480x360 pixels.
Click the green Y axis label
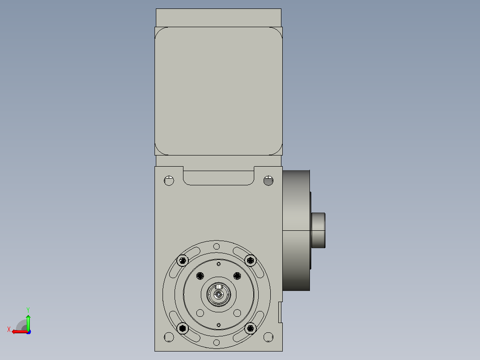(x=28, y=310)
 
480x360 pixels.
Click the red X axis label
(x=9, y=329)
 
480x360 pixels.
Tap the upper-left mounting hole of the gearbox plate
(x=169, y=181)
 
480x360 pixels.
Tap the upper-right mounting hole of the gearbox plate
(x=268, y=181)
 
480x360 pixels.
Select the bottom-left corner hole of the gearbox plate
(x=169, y=337)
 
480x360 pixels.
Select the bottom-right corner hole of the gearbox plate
(x=268, y=337)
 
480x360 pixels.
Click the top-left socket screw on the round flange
(x=183, y=261)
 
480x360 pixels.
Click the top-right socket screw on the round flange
(x=250, y=261)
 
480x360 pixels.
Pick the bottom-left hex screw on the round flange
(x=183, y=328)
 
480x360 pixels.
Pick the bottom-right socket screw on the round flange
(x=250, y=328)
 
